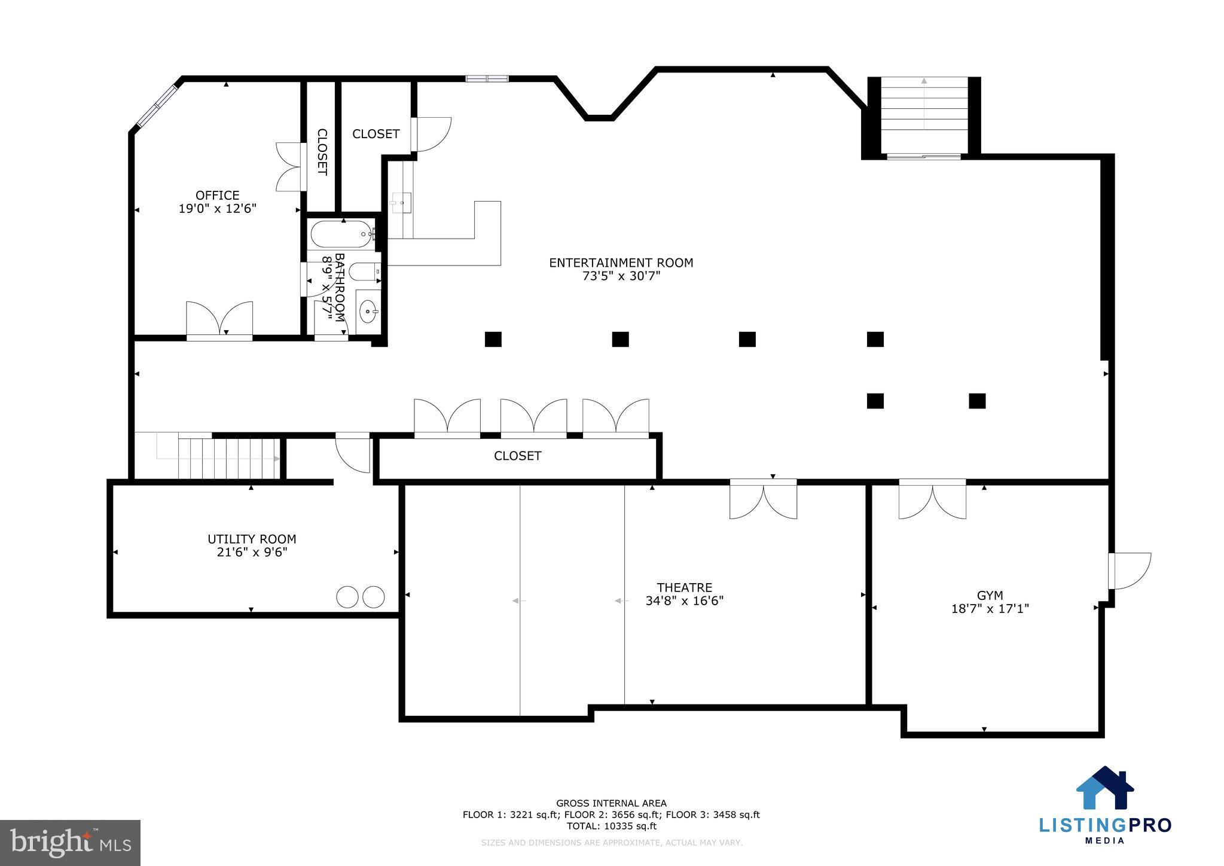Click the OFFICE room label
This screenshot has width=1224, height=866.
point(217,196)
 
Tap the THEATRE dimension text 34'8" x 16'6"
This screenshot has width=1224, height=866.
point(684,601)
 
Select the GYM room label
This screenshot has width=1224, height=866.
point(990,595)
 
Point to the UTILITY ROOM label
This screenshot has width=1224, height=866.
point(252,539)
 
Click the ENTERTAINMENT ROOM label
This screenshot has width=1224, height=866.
point(621,263)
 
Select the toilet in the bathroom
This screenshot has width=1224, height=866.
point(364,272)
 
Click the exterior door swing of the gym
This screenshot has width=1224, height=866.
point(1129,571)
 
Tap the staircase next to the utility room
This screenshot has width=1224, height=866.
point(229,459)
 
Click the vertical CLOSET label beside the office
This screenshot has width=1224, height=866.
point(322,152)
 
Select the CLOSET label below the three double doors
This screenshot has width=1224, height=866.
point(517,456)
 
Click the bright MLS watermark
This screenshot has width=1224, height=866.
point(71,843)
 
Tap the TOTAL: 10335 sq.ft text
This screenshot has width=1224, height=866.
point(611,826)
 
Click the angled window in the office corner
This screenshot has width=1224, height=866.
point(157,106)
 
